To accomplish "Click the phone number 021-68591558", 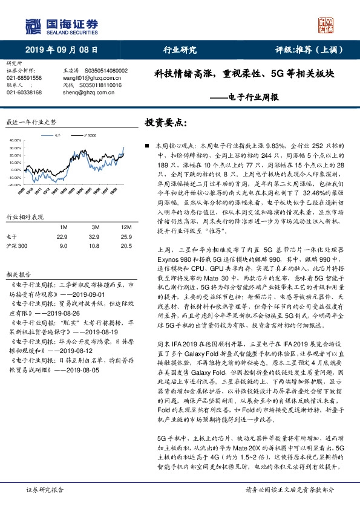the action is click(x=24, y=78).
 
